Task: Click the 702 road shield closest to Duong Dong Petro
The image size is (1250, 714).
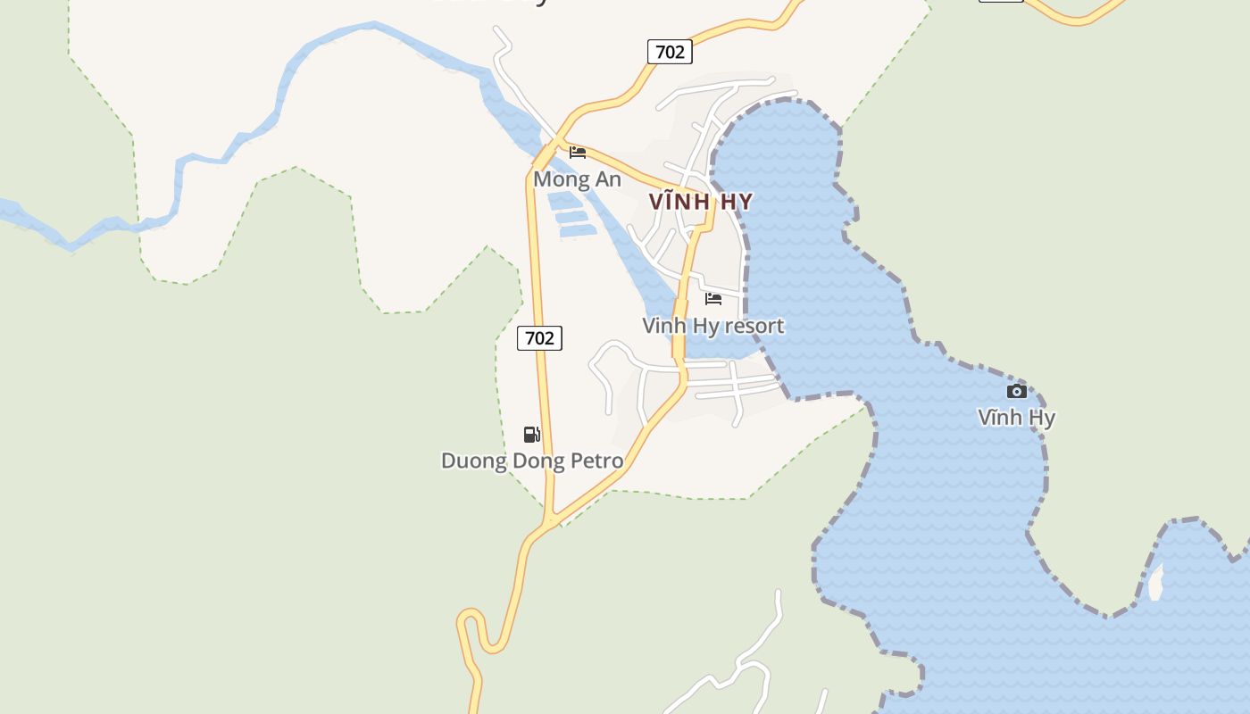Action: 539,338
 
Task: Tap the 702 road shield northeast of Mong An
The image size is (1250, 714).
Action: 670,52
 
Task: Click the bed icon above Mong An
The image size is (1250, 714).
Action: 578,152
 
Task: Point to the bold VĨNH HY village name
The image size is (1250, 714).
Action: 701,202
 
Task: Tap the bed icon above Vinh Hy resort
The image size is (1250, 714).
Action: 713,298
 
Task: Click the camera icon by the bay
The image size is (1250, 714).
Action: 1016,391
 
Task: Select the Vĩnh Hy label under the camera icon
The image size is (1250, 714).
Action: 1016,417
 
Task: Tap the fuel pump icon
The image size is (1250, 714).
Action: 531,435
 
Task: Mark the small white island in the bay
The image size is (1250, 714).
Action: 1155,584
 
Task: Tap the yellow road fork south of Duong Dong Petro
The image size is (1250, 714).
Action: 552,519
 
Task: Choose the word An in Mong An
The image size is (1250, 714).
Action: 607,179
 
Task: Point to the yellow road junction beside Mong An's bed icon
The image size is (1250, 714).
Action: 559,143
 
